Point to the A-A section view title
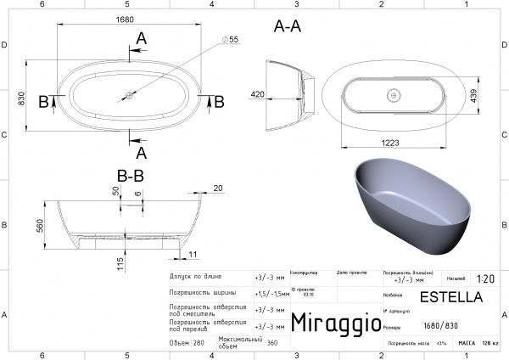tap(289, 26)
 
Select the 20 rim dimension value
tap(218, 188)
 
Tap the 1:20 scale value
tap(486, 278)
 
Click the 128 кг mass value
tap(489, 343)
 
